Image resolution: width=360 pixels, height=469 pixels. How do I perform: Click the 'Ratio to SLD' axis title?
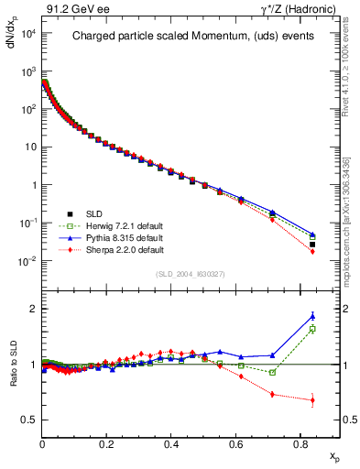tap(13, 376)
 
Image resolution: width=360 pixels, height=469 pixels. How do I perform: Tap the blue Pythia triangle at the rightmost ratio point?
tap(312, 316)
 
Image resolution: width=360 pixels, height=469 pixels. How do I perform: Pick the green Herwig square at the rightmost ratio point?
tap(312, 329)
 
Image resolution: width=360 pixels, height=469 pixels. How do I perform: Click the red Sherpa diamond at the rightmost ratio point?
tap(312, 400)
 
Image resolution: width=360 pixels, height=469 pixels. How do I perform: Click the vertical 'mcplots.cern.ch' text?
tap(349, 183)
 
